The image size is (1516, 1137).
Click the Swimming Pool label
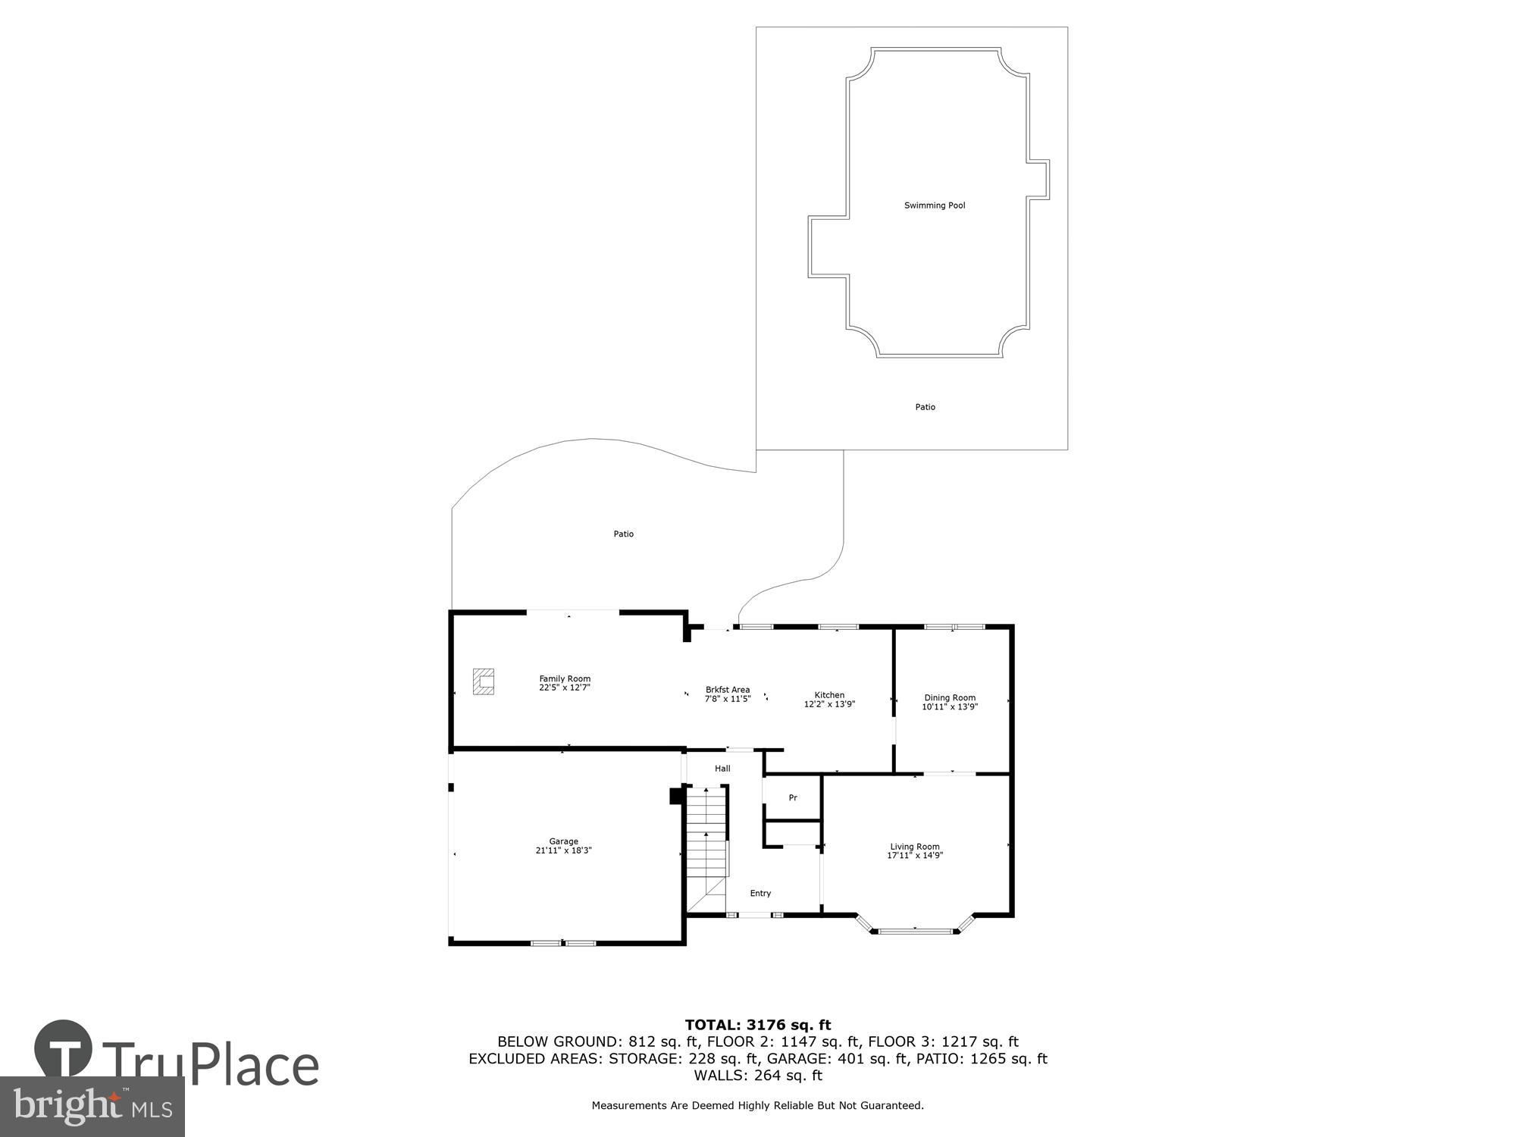point(935,205)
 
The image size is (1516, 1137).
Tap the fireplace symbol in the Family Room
point(484,681)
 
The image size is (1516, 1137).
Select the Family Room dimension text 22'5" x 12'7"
point(565,688)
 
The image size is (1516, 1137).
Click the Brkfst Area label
point(728,690)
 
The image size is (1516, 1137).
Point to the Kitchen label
point(829,695)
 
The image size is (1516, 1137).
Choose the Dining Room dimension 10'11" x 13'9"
point(950,706)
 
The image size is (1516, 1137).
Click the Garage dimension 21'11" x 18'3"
point(563,850)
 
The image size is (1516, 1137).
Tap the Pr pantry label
point(793,798)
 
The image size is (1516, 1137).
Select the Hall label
point(722,769)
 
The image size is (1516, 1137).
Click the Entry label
point(760,894)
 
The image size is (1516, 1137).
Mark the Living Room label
point(915,847)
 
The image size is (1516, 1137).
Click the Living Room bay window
point(915,930)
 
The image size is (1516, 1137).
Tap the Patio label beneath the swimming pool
point(926,407)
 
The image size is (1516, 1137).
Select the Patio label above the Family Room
point(624,534)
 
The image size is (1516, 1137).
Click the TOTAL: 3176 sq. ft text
point(758,1026)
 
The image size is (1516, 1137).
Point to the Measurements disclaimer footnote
point(758,1106)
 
